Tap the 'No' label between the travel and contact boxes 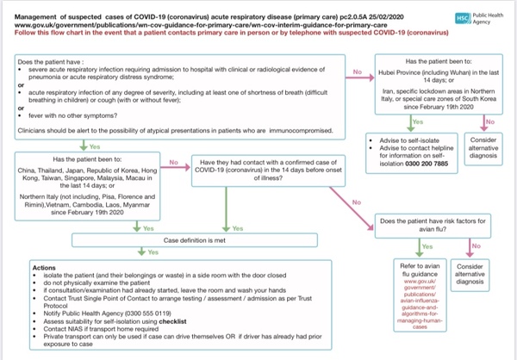pos(172,162)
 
